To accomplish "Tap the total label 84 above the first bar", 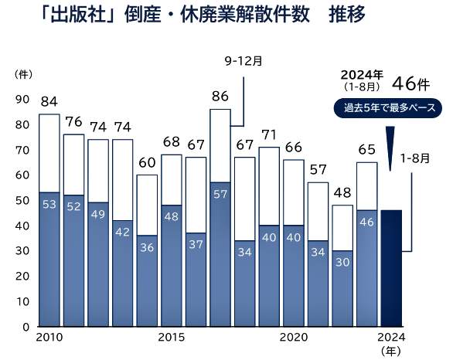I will pyautogui.click(x=49, y=100).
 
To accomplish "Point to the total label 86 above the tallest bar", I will pyautogui.click(x=220, y=97).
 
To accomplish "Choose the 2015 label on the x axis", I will pyautogui.click(x=172, y=338).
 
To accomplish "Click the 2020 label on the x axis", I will pyautogui.click(x=294, y=338).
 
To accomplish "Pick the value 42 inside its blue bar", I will pyautogui.click(x=123, y=231).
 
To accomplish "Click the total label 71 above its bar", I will pyautogui.click(x=269, y=134).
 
